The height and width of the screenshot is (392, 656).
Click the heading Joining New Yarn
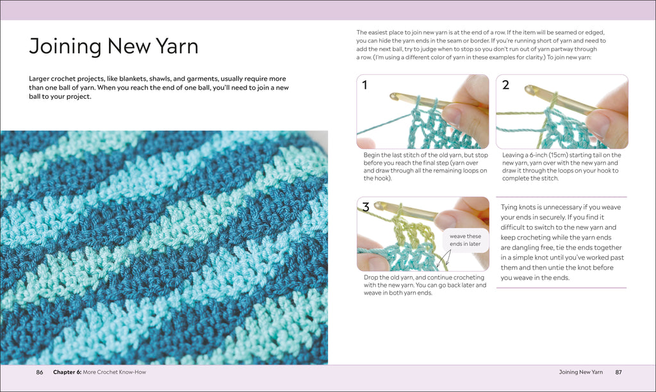(113, 46)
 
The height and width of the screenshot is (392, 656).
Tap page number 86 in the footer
(39, 372)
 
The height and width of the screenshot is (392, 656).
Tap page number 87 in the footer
(618, 372)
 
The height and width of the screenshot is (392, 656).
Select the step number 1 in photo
(365, 84)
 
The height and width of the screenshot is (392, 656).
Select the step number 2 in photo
(505, 84)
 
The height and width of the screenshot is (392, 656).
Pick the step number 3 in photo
(365, 206)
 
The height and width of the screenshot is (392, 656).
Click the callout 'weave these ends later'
(464, 240)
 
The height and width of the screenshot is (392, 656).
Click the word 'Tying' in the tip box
(511, 207)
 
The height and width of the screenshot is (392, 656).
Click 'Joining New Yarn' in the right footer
(580, 372)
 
